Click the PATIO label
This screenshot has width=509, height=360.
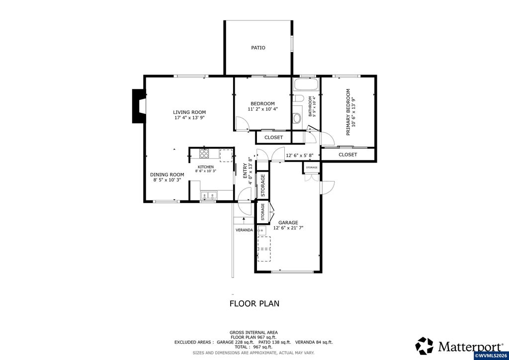point(258,48)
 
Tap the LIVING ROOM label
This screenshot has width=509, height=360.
point(189,112)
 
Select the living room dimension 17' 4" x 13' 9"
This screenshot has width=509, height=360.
point(189,118)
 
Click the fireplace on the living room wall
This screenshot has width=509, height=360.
point(139,106)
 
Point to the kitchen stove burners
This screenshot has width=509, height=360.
point(204,153)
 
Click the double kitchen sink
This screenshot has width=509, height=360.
point(209,195)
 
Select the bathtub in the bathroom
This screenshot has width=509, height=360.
point(306,85)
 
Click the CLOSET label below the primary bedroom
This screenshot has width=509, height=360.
point(347,155)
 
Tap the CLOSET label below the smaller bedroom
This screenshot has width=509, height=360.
point(274,137)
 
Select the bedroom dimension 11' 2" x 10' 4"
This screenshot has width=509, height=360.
point(262,109)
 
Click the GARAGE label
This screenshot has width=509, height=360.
point(288,222)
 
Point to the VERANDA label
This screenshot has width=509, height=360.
point(244,230)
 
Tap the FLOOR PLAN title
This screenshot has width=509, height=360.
point(254,303)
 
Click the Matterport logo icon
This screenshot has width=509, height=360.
point(424,346)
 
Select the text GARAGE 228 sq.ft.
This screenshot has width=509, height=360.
point(236,342)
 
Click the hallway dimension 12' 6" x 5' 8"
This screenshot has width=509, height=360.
point(299,156)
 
